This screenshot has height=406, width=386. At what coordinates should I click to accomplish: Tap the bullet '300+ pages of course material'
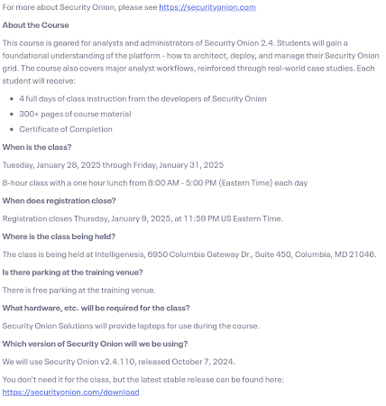pos(75,113)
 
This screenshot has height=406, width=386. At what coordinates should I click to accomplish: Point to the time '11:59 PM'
pos(200,218)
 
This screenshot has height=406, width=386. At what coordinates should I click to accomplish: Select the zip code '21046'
pos(363,254)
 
